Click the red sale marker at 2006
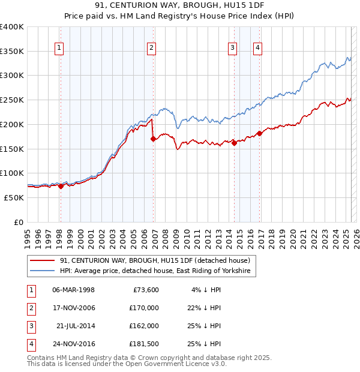click(153, 139)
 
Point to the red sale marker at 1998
click(61, 186)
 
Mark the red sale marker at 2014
click(234, 143)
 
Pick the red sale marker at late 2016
click(259, 133)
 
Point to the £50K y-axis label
click(14, 197)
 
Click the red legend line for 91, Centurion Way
click(43, 260)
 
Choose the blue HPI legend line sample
click(43, 272)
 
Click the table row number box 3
click(30, 326)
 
